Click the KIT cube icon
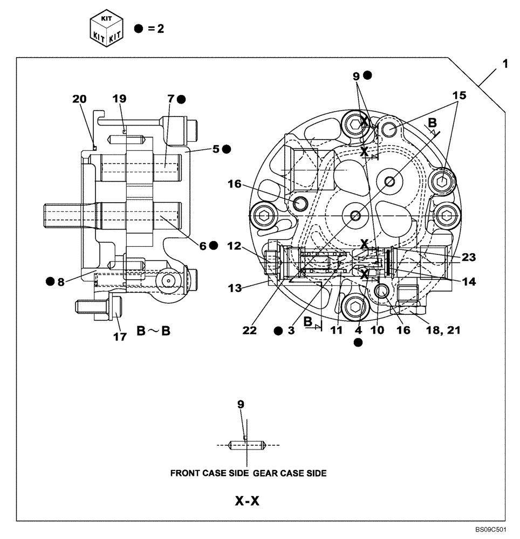click(x=106, y=29)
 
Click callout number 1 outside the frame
click(x=505, y=64)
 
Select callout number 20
click(x=79, y=99)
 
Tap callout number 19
click(x=119, y=99)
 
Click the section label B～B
click(x=153, y=331)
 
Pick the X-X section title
click(x=247, y=501)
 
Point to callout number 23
click(x=469, y=257)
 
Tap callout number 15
click(x=459, y=95)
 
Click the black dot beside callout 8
click(x=50, y=281)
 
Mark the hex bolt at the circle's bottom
click(x=354, y=307)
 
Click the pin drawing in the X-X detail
click(x=247, y=445)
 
